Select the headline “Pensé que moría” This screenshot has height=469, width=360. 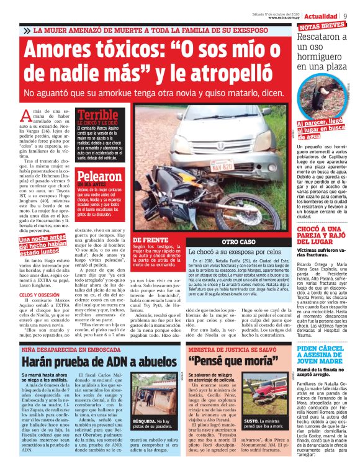point(225,360)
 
